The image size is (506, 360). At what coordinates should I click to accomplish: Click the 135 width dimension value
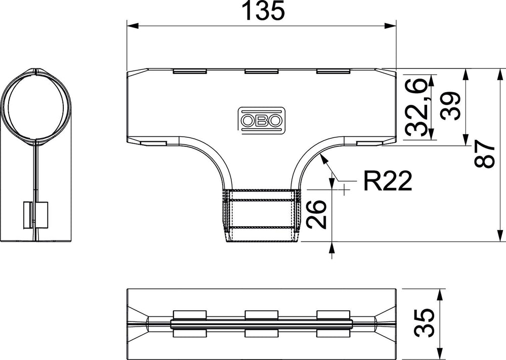[264, 11]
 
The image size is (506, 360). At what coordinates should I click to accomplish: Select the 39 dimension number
[450, 106]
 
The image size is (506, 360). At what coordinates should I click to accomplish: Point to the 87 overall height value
[484, 154]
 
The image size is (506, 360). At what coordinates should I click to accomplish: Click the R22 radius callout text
[388, 181]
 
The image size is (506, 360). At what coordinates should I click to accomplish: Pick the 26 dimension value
[316, 214]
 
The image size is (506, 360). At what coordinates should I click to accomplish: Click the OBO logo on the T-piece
[262, 120]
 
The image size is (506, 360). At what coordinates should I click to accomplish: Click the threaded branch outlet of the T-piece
[262, 215]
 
